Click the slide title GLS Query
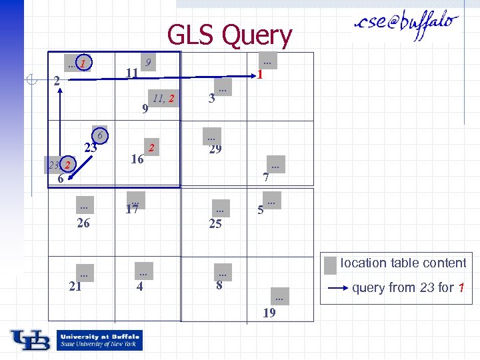click(x=229, y=35)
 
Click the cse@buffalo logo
click(x=406, y=27)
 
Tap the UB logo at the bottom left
click(x=30, y=339)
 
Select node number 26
click(x=83, y=223)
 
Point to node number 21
click(x=75, y=287)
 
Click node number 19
click(x=269, y=311)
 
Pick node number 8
click(x=219, y=287)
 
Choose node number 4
click(x=139, y=287)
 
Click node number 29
click(x=215, y=149)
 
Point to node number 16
click(x=137, y=159)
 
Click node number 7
click(x=265, y=177)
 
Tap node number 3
click(x=211, y=99)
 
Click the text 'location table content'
click(x=403, y=263)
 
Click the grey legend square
click(x=329, y=265)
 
